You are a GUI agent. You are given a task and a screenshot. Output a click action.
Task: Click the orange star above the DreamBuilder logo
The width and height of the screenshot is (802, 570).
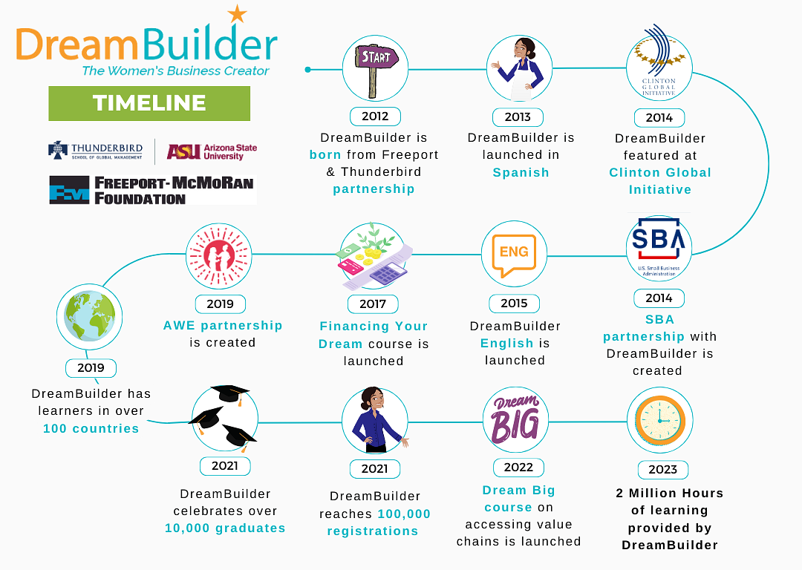238,14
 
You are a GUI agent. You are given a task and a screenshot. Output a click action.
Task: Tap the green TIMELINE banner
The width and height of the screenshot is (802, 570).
149,103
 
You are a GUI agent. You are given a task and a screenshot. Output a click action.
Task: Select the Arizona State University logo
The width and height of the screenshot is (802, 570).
212,152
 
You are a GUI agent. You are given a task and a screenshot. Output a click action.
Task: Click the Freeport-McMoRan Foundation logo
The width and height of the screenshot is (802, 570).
152,190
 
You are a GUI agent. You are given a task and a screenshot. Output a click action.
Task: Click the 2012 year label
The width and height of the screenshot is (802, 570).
375,117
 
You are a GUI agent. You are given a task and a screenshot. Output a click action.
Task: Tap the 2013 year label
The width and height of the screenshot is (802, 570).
518,117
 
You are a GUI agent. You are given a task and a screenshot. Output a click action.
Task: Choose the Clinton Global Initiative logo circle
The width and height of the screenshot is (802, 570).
659,68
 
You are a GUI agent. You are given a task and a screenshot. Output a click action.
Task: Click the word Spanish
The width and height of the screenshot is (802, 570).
521,173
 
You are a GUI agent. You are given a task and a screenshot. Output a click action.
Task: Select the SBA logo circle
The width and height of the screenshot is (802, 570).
659,248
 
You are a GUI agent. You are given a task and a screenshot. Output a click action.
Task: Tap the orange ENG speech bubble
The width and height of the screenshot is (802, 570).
514,255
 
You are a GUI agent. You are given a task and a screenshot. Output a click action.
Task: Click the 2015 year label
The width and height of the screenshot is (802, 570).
514,304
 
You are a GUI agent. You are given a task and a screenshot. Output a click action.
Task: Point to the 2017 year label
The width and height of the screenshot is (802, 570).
373,304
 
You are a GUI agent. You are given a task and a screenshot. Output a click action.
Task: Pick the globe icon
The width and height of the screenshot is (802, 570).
90,316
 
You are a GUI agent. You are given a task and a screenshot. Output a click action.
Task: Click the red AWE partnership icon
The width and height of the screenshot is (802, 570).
219,255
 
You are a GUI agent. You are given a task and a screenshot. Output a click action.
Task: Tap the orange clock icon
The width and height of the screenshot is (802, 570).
660,420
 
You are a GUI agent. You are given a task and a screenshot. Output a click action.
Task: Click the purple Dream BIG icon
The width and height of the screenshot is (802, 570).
515,419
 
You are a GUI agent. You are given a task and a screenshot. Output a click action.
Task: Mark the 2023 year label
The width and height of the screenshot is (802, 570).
663,469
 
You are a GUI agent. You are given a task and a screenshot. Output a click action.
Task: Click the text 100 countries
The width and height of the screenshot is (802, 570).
91,428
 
